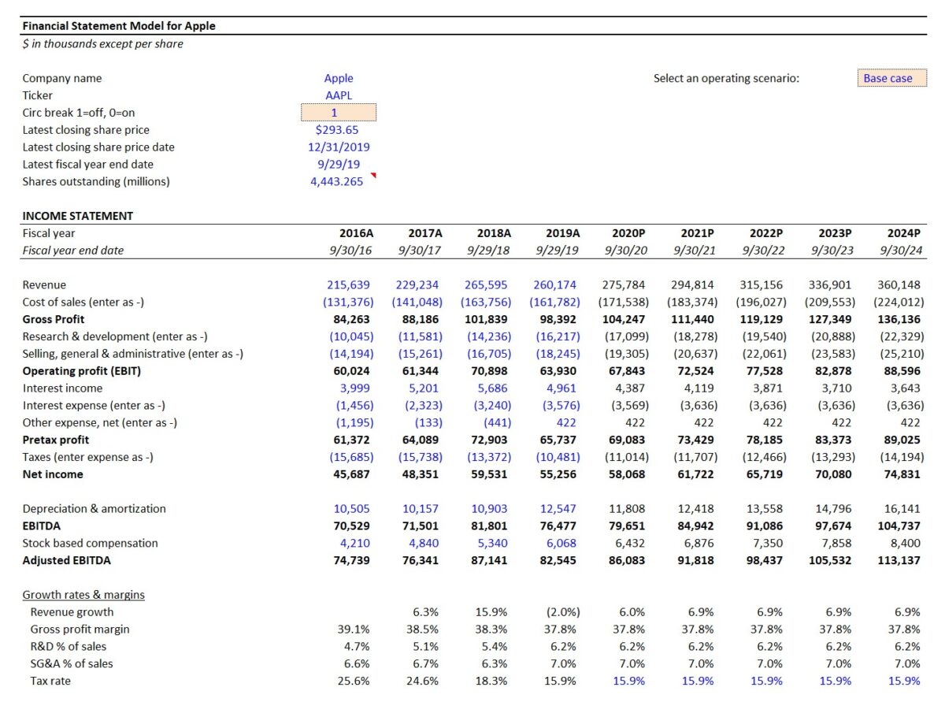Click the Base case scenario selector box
[891, 78]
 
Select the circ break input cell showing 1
[339, 113]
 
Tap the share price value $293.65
[336, 130]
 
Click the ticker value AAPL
[339, 95]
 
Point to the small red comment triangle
[373, 175]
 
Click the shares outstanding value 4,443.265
[336, 181]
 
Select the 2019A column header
[562, 233]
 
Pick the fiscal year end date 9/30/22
[763, 251]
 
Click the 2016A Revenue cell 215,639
[348, 284]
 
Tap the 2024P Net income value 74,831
[902, 474]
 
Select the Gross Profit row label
[54, 319]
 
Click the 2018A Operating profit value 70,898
[489, 371]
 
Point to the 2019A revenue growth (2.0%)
[563, 612]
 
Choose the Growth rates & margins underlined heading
[83, 595]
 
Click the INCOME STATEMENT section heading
[77, 216]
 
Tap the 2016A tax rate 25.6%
[354, 681]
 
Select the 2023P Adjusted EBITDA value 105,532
[829, 560]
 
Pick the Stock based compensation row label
[90, 543]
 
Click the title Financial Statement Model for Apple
[119, 26]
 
